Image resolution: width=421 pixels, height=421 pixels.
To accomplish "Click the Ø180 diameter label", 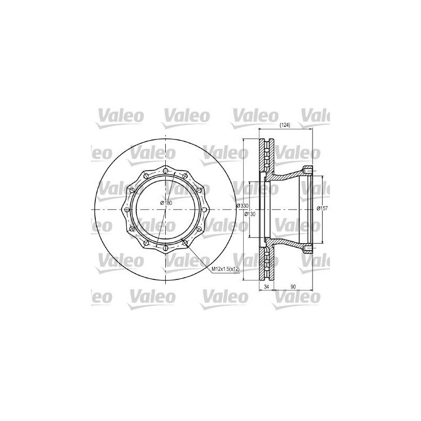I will coord(166,203).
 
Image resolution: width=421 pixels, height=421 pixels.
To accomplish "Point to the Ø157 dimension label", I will coord(322,208).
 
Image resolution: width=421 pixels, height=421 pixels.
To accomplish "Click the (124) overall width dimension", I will coord(284,125).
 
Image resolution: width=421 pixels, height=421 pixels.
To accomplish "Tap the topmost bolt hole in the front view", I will coord(165,171).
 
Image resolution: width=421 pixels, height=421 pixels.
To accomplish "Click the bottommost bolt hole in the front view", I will coord(165,248).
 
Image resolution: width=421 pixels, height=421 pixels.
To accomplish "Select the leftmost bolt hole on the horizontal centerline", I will coord(126,209).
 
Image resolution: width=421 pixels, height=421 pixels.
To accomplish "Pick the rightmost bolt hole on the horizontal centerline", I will coord(204,209).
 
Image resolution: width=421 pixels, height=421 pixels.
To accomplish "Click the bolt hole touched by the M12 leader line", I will coord(185,243).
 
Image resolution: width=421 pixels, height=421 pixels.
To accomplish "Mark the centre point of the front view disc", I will coord(165,209).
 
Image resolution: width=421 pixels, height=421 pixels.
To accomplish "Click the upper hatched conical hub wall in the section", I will coord(287,175).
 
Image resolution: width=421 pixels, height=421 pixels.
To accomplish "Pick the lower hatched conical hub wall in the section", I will coord(287,244).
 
